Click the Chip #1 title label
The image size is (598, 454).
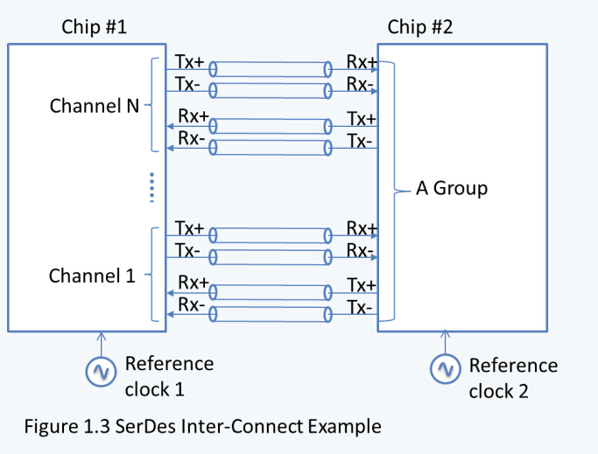point(94,26)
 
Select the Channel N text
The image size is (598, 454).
point(95,106)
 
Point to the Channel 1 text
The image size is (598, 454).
point(92,276)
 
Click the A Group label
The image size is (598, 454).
point(451,188)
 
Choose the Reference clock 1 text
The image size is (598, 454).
point(169,373)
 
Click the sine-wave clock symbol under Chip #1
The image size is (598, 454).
point(100,372)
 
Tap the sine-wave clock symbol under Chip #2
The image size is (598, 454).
point(447,370)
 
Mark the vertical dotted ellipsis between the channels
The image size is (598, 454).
point(151,186)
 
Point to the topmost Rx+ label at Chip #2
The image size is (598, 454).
point(361,63)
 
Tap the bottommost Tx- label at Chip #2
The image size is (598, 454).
point(360,307)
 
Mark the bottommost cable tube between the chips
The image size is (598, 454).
point(270,314)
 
